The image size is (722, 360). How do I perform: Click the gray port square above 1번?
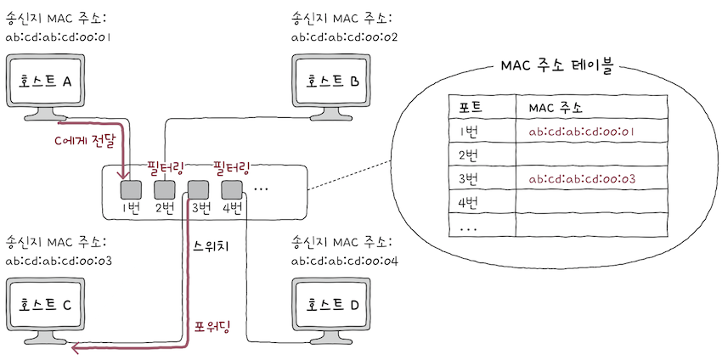(130, 188)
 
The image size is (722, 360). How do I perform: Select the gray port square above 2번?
(164, 188)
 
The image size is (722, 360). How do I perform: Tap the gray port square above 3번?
(198, 188)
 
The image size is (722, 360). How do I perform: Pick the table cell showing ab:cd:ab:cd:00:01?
(582, 132)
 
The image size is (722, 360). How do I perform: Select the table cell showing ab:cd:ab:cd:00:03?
(582, 179)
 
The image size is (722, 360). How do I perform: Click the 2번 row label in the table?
(470, 155)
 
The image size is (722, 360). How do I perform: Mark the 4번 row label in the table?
(470, 203)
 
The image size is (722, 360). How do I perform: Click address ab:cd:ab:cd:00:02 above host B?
(344, 37)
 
